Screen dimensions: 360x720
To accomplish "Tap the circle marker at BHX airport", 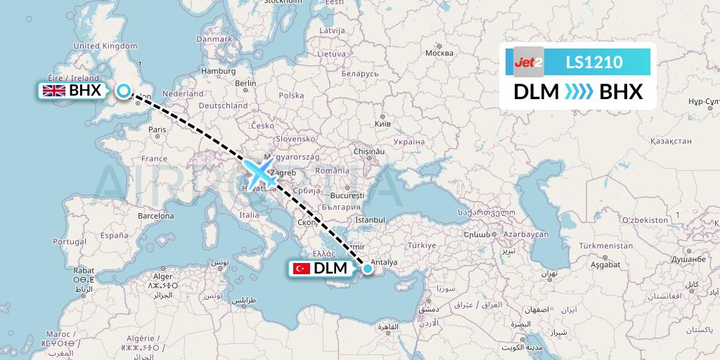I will point(124,91).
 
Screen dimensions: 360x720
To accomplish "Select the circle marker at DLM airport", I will point(367,268).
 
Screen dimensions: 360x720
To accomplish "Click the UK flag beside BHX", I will point(54,91).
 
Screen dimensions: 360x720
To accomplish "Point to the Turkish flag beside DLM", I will point(302,268).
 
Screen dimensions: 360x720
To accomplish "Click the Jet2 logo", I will point(529,62).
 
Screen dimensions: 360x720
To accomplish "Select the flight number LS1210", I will point(593,62).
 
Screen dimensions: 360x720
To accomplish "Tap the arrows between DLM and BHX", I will point(579,92).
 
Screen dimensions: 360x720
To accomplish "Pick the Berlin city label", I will point(246,83).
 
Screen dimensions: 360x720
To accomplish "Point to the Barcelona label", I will point(156,217).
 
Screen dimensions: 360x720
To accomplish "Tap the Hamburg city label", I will point(217,71).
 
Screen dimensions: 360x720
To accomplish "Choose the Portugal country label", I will point(69,241).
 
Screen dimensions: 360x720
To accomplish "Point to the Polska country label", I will point(291,95).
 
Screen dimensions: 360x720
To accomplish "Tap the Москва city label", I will point(439,53).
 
